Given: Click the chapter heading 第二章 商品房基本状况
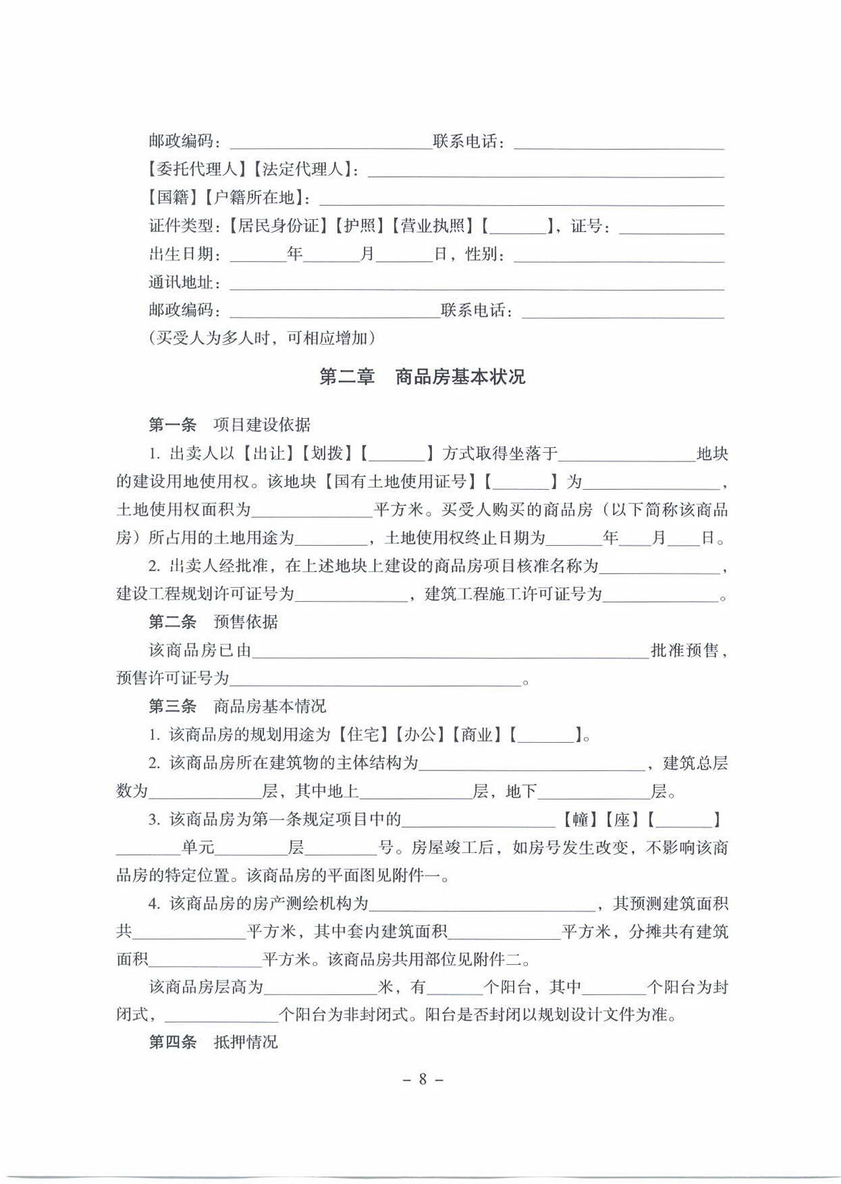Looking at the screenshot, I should (x=422, y=376).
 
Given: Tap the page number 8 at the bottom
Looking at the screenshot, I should (x=423, y=1079).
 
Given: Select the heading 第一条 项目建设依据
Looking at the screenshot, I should (x=229, y=424).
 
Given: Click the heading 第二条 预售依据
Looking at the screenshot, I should (x=213, y=621).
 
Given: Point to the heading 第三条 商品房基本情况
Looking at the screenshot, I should (x=238, y=706).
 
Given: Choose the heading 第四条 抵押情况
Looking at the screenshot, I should (x=213, y=1042).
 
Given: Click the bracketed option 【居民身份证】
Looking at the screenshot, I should (x=279, y=225).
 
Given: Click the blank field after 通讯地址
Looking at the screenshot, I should (x=477, y=283).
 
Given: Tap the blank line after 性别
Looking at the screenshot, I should (x=618, y=255).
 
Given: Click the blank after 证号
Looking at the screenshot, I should (x=671, y=227).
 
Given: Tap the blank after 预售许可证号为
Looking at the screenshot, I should (x=375, y=679).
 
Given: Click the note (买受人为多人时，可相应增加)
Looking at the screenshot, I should (x=262, y=338).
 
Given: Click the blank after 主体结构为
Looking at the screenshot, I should (x=532, y=764).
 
